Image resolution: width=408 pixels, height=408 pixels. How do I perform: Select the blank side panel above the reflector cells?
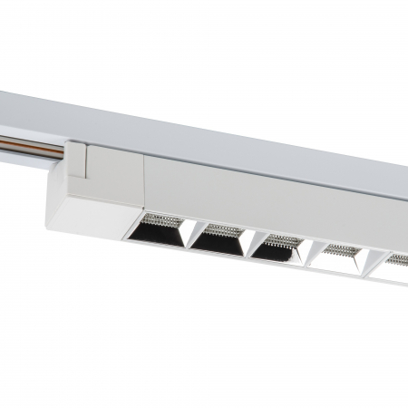[x=272, y=204]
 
